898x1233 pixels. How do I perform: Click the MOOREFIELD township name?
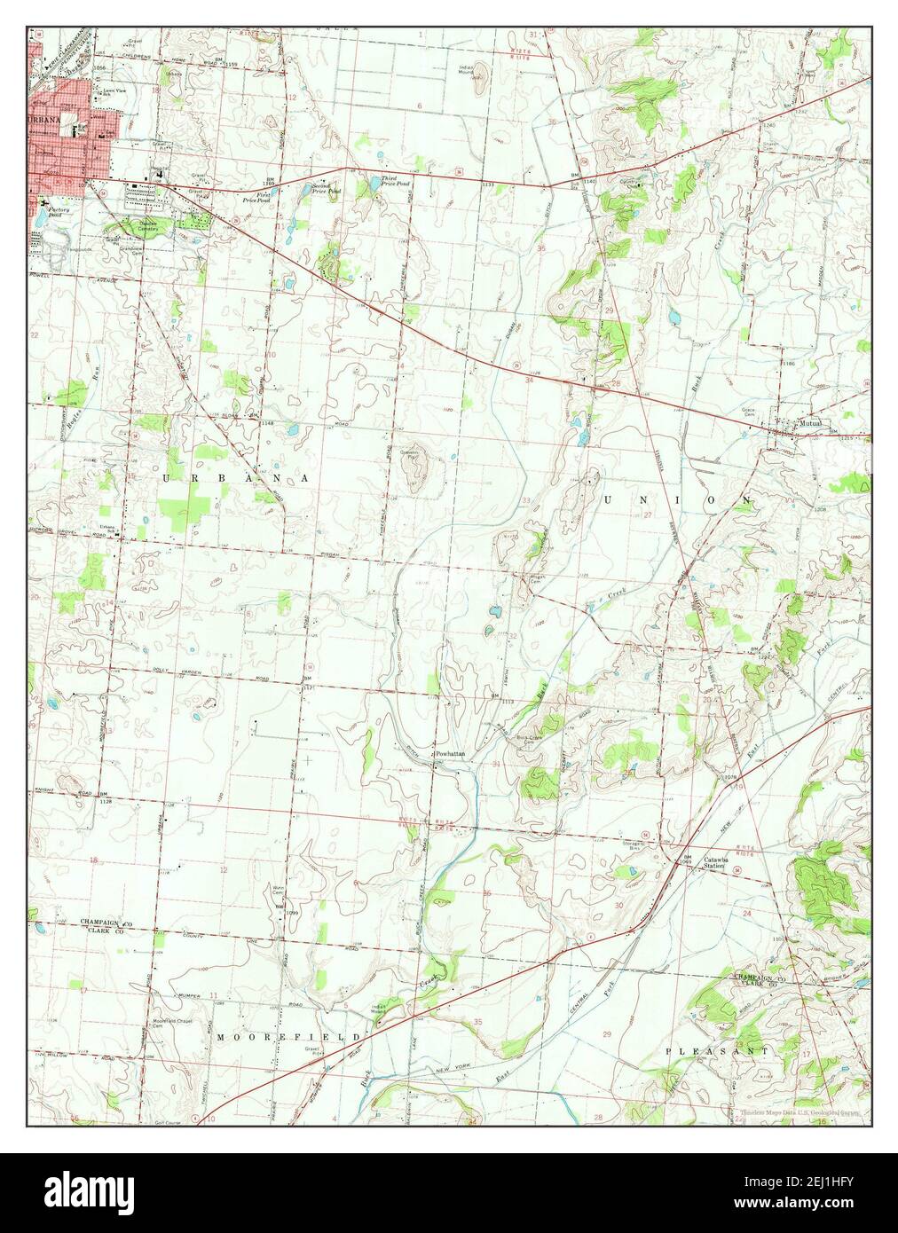[288, 1036]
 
